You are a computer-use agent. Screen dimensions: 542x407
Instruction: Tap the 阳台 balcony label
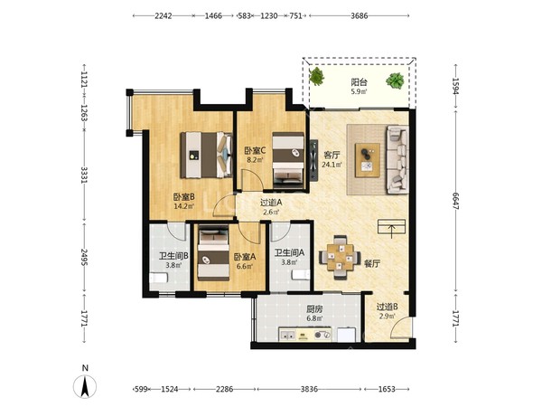coord(360,82)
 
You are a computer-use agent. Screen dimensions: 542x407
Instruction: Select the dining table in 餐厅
coord(341,257)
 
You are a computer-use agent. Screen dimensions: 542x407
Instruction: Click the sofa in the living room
coord(397,159)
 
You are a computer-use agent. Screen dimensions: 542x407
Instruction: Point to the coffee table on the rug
coord(368,160)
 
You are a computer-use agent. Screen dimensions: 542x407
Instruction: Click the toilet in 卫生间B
coord(158,278)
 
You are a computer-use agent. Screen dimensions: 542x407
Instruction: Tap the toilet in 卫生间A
coord(301,274)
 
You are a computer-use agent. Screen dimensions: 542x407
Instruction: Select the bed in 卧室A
coord(213,252)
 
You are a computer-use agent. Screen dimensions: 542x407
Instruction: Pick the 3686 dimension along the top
coord(360,15)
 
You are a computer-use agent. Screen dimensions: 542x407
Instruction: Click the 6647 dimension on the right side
coord(456,201)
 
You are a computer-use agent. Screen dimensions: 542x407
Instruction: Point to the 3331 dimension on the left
coord(84,175)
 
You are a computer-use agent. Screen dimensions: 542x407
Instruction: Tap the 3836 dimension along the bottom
coord(309,389)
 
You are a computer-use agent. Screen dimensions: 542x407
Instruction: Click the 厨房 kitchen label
coord(314,308)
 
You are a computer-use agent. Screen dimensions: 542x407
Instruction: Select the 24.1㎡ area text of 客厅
coord(332,165)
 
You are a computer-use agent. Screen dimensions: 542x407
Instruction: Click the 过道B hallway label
coord(387,307)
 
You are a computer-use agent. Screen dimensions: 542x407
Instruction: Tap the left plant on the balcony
coord(317,76)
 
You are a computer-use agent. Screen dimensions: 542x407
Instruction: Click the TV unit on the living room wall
coord(313,160)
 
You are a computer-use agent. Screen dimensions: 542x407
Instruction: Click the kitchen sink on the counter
coord(287,335)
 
